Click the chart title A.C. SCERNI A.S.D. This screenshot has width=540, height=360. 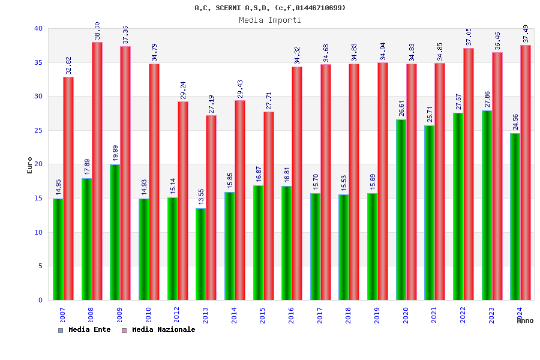(270, 8)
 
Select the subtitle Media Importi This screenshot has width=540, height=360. (270, 20)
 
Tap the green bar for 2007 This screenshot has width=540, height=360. (58, 249)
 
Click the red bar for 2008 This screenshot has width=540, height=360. (97, 171)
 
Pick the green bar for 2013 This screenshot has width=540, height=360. (201, 254)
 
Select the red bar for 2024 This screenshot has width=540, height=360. (526, 172)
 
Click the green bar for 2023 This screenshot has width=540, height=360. (487, 205)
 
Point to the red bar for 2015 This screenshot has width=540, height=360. (269, 206)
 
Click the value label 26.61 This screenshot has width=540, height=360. (401, 108)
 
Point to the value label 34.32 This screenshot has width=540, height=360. (297, 55)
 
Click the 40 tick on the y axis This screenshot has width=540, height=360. (38, 28)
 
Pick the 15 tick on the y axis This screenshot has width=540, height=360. (38, 198)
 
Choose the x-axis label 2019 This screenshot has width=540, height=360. (377, 315)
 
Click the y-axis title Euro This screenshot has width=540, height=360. (30, 165)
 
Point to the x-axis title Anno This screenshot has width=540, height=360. (525, 321)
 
